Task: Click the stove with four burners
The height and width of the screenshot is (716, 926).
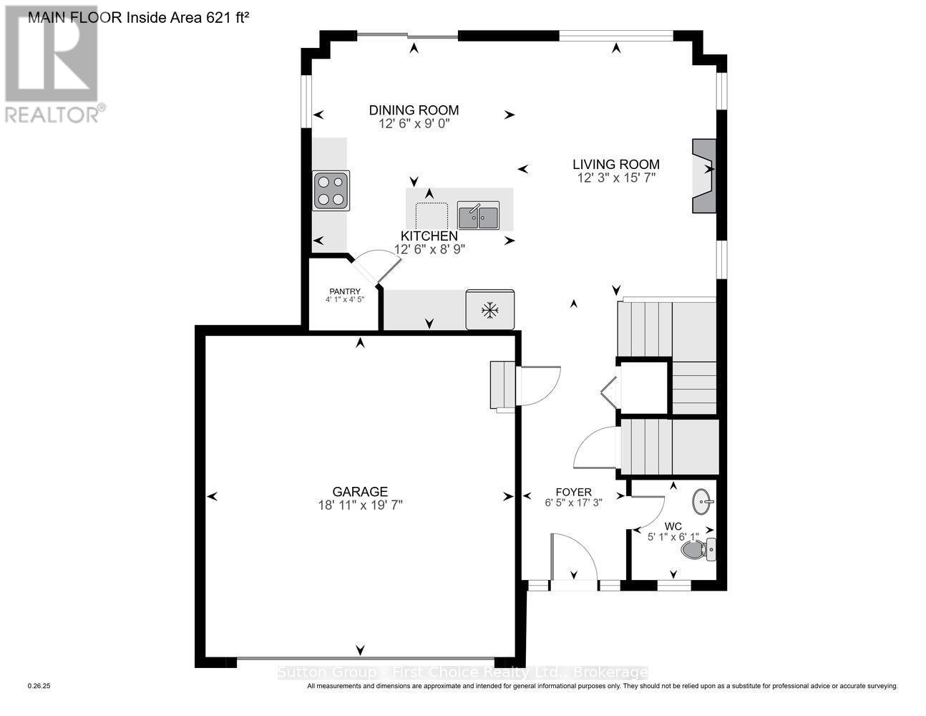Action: coord(331,190)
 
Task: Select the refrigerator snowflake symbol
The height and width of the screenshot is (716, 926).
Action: coord(489,310)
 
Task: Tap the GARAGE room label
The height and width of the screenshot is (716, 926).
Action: coord(360,491)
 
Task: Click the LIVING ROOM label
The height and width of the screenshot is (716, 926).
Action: coord(615,165)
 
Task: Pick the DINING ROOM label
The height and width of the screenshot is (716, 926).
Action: coord(414,110)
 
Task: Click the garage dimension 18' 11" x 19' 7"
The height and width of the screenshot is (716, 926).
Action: coord(360,505)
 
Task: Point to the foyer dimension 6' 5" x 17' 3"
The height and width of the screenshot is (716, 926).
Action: coord(573,503)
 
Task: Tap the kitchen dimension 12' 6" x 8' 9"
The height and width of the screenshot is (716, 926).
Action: coord(429,249)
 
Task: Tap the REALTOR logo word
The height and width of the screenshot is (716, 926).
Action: coord(52,115)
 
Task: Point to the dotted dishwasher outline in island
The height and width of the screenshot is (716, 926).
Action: coord(432,214)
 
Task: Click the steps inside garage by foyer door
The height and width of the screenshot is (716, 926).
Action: coord(503,386)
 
